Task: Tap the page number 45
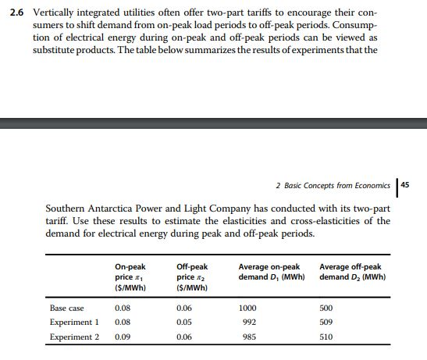tap(415, 185)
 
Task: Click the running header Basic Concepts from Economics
tap(333, 186)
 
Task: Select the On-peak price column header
tap(130, 276)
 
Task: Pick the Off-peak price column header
tap(192, 276)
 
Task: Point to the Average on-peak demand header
tap(269, 272)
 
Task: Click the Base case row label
tap(66, 308)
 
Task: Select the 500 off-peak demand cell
tap(326, 308)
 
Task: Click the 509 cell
tap(326, 323)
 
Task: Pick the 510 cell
tap(326, 337)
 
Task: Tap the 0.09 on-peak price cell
tap(123, 337)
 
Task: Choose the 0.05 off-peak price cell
tap(184, 323)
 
